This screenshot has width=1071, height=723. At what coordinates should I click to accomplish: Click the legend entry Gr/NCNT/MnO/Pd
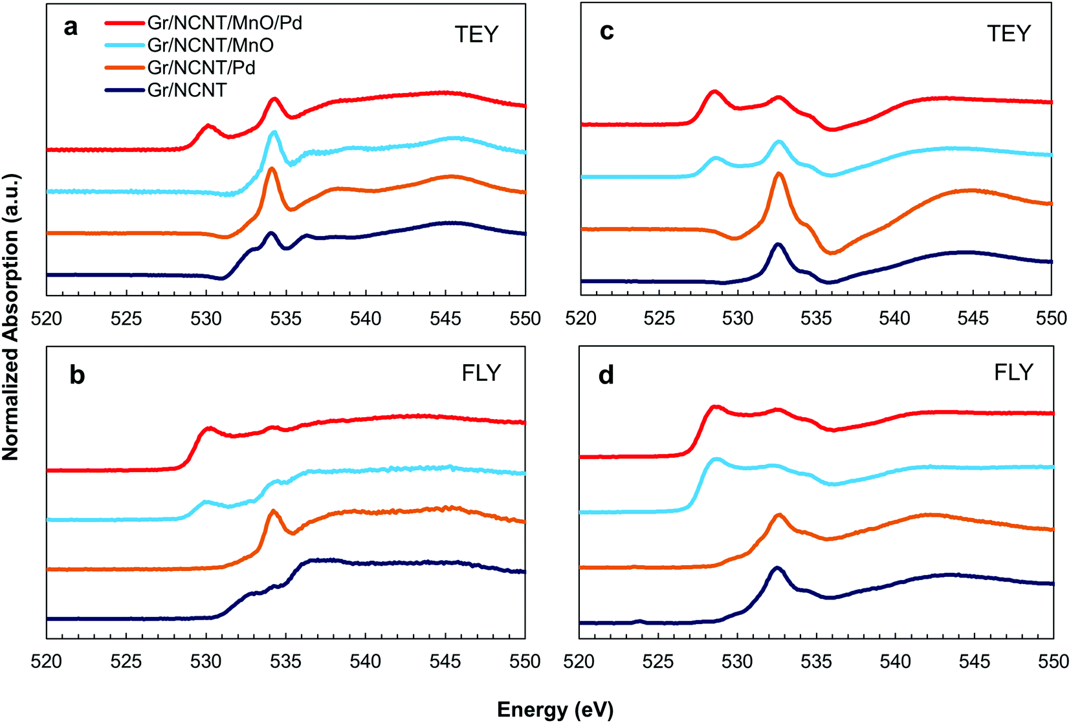click(225, 23)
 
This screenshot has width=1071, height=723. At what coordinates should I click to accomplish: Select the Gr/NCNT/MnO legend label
click(210, 45)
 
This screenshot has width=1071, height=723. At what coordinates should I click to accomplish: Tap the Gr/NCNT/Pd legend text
click(201, 68)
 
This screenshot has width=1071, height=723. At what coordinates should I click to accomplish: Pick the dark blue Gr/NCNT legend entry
click(187, 90)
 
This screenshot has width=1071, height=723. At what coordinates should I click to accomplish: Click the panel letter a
click(71, 28)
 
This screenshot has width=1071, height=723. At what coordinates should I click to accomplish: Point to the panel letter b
click(77, 375)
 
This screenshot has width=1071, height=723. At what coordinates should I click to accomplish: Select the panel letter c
click(606, 31)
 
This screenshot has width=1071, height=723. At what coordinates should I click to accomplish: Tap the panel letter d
click(606, 375)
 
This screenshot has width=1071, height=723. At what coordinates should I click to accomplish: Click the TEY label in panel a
click(477, 35)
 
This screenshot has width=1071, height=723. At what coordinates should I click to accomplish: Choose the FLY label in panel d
click(1014, 372)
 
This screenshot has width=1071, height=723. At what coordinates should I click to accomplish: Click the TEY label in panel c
click(1009, 34)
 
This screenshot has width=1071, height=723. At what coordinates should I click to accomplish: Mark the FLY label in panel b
click(481, 373)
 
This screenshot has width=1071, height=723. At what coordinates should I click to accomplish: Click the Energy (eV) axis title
click(555, 710)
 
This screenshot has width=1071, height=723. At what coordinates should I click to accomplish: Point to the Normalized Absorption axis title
click(11, 317)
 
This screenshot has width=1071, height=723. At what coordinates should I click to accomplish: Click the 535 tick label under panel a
click(286, 318)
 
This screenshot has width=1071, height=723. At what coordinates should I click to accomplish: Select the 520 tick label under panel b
click(47, 661)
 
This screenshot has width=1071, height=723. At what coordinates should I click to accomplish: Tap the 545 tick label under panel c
click(973, 318)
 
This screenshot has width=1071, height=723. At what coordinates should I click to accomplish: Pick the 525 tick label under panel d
click(659, 661)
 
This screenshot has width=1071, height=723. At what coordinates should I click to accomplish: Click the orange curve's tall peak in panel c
click(778, 174)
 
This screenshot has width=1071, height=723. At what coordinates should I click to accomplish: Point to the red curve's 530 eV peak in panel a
click(208, 125)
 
